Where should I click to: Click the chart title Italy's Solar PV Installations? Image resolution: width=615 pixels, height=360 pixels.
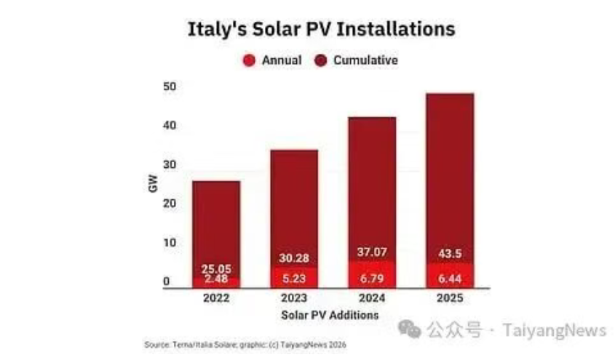[x=321, y=29]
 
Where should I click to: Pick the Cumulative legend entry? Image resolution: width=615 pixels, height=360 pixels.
[x=365, y=60]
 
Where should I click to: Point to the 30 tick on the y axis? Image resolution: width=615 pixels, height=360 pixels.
[x=170, y=165]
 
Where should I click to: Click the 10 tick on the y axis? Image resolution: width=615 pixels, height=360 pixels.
[x=170, y=243]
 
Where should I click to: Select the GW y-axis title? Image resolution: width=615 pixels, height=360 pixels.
[x=153, y=184]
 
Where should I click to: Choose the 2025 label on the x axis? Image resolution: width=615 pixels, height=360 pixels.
[x=449, y=299]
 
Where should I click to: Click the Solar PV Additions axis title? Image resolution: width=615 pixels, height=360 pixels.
[x=330, y=316]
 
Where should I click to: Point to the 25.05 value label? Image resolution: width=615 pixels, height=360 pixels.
[x=215, y=269]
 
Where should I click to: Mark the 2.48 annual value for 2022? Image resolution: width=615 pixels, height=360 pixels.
[x=215, y=279]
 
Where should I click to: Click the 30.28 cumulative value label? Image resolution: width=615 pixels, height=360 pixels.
[x=294, y=259]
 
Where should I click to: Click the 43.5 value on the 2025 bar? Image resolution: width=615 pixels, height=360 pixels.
[x=449, y=252]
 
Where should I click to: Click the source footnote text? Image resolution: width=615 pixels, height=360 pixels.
[x=244, y=344]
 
